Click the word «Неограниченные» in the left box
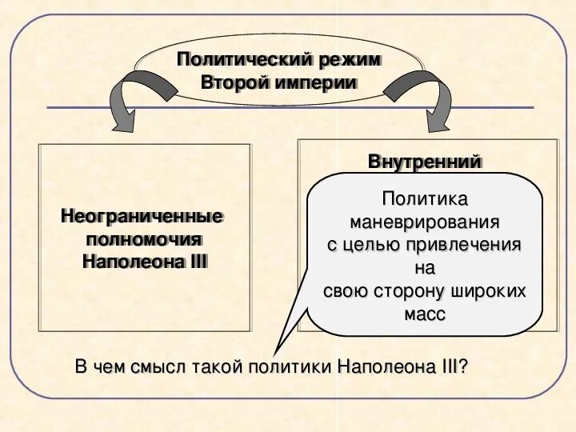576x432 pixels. point(142,216)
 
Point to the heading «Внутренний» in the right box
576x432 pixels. point(425,162)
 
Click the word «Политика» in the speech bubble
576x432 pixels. point(425,198)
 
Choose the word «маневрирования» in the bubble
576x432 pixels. point(425,221)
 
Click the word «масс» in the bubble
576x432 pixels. point(425,314)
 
